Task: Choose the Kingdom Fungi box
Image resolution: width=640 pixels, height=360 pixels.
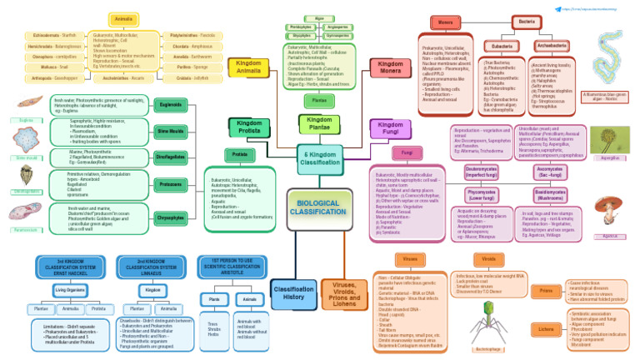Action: click(x=390, y=129)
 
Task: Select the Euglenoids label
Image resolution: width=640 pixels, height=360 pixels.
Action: click(x=171, y=104)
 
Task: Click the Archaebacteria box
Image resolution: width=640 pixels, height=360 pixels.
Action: click(x=552, y=47)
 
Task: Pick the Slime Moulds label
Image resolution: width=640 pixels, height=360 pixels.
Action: click(x=171, y=131)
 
